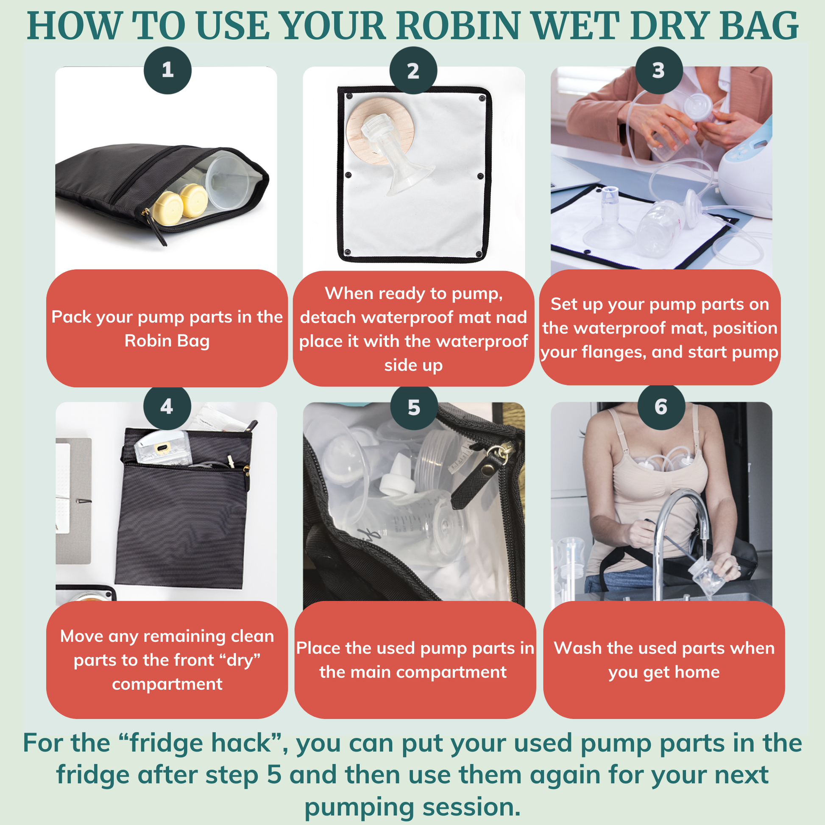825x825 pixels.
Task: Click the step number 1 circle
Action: [x=167, y=70]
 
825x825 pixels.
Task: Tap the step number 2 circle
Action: [x=413, y=70]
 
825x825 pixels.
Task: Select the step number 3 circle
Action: [x=659, y=70]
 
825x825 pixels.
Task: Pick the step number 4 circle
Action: [x=167, y=407]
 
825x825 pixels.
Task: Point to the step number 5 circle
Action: [x=414, y=407]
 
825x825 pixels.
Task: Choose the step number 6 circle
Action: [x=661, y=407]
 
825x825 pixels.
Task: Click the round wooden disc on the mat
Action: [x=376, y=130]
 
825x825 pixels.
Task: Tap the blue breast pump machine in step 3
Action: [x=745, y=167]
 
